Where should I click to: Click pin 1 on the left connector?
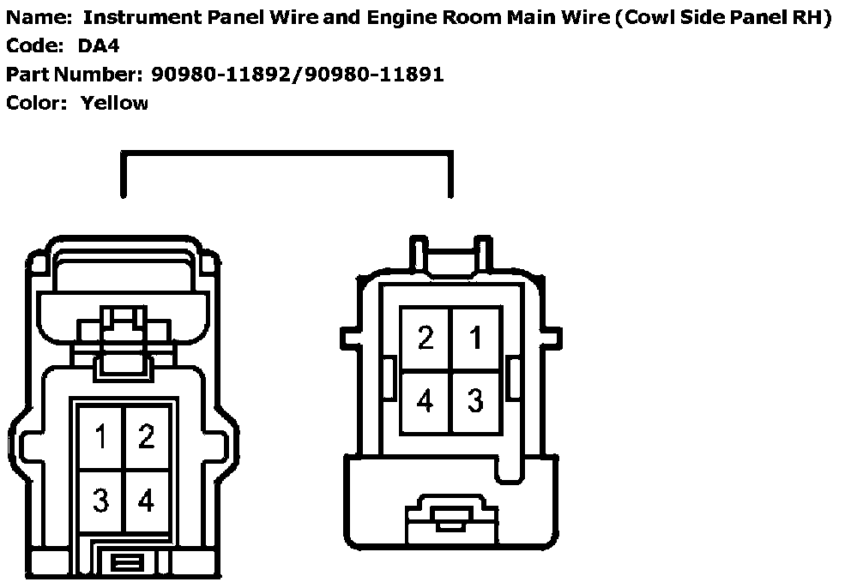[101, 438]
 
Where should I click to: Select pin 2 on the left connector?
[147, 438]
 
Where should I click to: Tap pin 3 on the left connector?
[101, 501]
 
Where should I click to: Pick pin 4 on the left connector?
[147, 501]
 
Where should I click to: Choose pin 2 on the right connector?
[426, 338]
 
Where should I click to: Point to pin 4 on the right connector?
[426, 400]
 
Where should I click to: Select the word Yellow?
[115, 103]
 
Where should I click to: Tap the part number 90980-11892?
[222, 75]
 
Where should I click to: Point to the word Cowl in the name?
[631, 18]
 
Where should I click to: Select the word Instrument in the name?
[136, 18]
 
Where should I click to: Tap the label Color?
[35, 103]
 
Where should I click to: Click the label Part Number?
[73, 75]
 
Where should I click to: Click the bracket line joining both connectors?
[287, 153]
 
